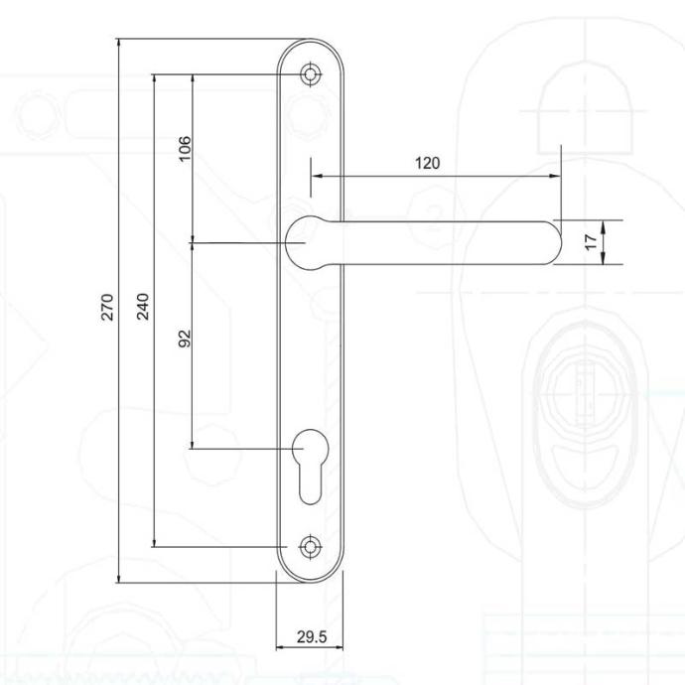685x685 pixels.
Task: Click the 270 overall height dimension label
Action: click(107, 307)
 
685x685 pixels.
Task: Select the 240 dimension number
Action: click(143, 307)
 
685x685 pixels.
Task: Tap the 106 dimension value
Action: click(186, 149)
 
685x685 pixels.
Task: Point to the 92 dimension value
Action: click(186, 339)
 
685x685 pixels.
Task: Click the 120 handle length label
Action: click(427, 164)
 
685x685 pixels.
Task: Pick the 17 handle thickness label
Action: click(591, 241)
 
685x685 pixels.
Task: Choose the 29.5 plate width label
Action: click(312, 637)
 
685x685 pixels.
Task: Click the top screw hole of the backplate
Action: click(310, 74)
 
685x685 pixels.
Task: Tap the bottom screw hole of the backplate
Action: click(310, 547)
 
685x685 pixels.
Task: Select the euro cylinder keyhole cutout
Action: click(310, 467)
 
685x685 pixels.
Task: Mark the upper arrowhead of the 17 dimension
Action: click(603, 225)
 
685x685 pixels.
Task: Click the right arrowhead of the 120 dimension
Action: click(555, 176)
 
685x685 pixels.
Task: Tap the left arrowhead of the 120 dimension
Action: click(317, 176)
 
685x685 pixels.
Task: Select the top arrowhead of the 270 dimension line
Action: click(118, 44)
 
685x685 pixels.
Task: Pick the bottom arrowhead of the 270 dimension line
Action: click(118, 578)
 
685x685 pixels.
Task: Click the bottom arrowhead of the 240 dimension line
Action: click(154, 542)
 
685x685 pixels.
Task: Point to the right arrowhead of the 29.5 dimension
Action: click(338, 647)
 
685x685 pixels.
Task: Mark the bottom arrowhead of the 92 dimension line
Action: click(193, 444)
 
